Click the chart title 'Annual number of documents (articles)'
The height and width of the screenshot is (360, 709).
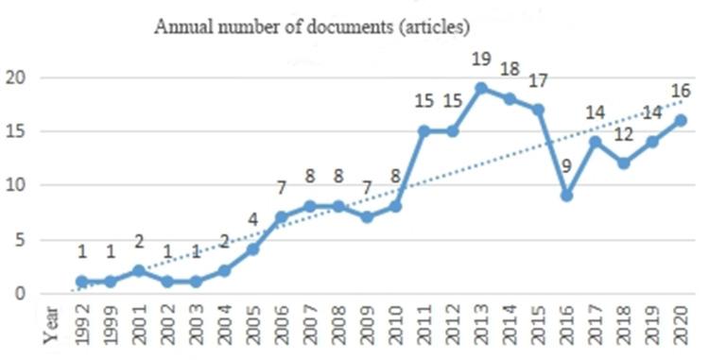tap(311, 26)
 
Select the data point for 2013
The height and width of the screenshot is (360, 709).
tap(481, 88)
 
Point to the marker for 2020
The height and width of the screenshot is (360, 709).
tap(680, 120)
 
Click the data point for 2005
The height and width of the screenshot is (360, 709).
tap(252, 249)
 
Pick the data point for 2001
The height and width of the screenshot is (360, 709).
tap(139, 270)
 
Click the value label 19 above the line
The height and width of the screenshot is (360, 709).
tap(481, 60)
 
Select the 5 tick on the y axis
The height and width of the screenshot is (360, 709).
tap(18, 239)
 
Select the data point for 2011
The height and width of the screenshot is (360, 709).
tap(424, 131)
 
